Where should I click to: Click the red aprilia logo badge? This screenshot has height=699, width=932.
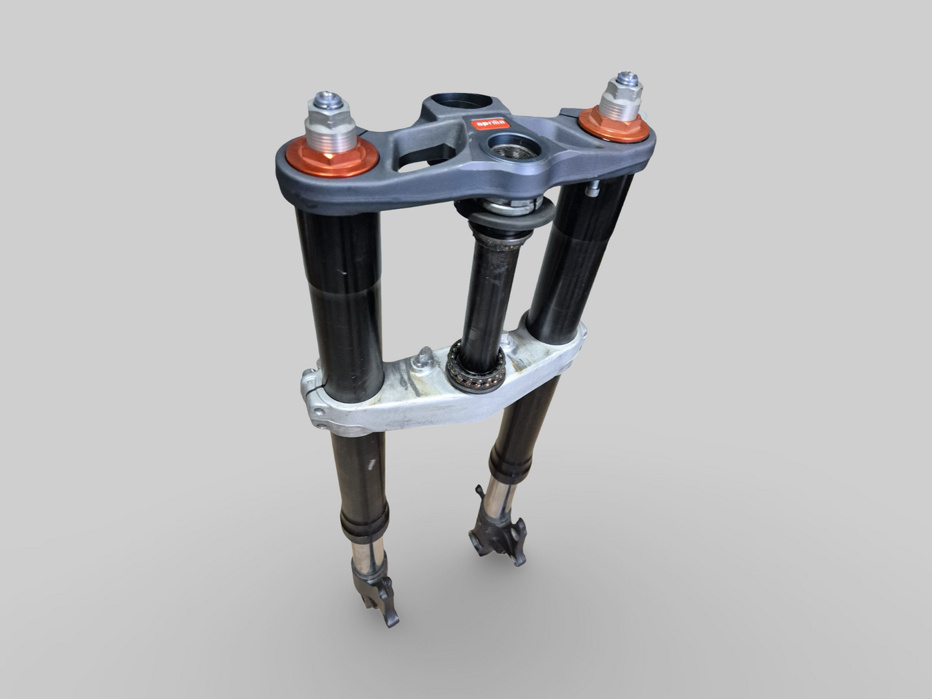coord(488,123)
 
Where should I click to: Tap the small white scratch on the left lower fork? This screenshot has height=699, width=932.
coord(372,464)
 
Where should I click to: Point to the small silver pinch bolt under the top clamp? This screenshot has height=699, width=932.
coord(592,190)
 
